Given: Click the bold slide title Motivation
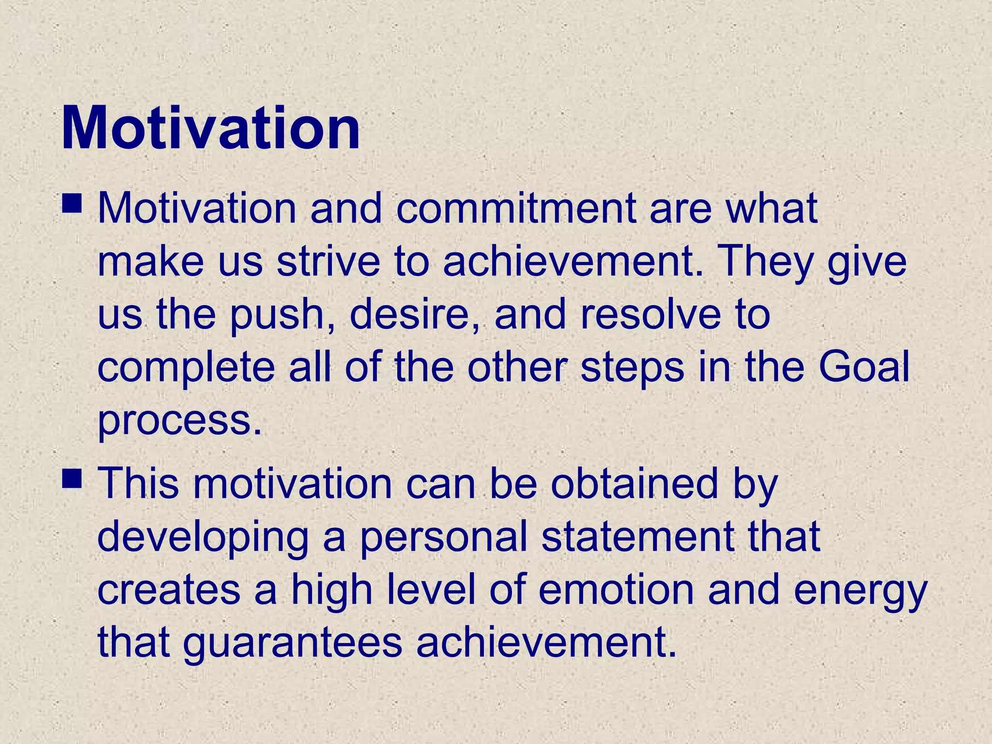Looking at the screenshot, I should pos(211,128).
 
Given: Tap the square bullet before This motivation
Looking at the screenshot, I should pos(72,478).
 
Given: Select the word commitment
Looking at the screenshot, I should pos(516,209).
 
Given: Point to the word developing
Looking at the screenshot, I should pos(203,538).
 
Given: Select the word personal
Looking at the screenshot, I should pos(443,538).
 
